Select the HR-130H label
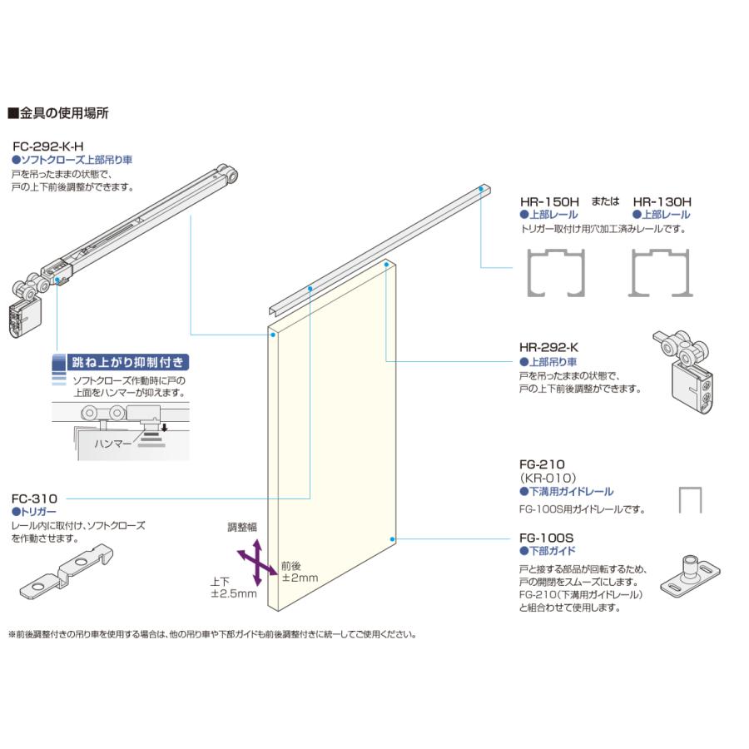(x=662, y=201)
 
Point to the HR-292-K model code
(x=548, y=347)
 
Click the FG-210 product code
(x=542, y=464)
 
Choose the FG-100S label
(x=546, y=538)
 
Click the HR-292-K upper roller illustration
(x=684, y=367)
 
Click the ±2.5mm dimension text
(x=234, y=593)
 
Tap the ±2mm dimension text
(x=299, y=577)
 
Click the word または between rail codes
(x=605, y=201)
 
